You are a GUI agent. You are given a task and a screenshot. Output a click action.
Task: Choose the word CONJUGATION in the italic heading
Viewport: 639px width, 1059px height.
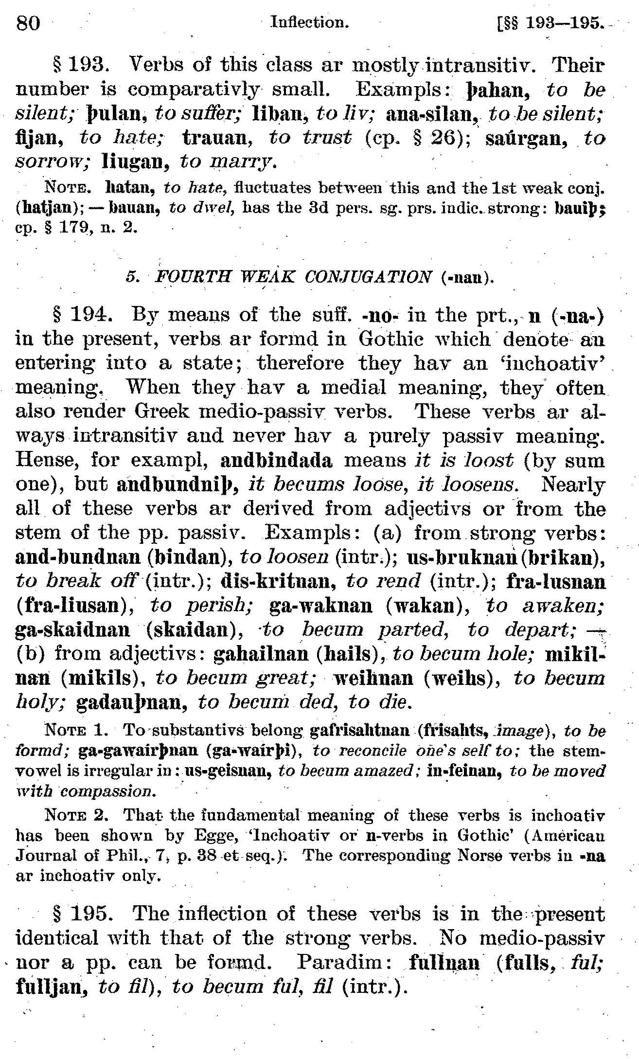click(x=368, y=277)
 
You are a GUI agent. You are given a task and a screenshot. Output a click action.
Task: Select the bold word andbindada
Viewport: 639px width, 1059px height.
click(x=276, y=461)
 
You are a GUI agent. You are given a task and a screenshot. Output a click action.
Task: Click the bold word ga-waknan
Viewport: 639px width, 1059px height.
click(x=321, y=606)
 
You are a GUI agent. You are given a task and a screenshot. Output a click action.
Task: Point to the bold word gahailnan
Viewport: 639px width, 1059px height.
click(x=261, y=654)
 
